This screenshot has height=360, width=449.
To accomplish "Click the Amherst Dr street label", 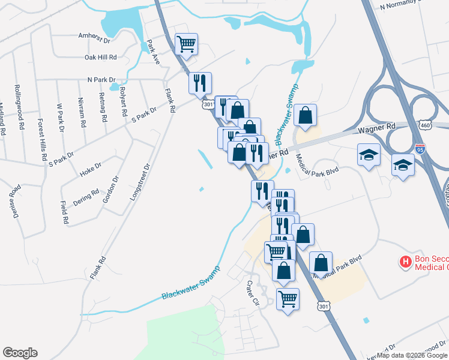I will tap(95, 36).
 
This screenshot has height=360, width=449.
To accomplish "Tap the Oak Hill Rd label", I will tap(100, 58).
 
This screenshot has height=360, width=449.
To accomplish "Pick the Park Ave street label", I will tap(152, 53).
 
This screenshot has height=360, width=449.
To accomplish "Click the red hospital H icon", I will tap(406, 262).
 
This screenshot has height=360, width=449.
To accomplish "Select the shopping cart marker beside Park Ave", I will tap(187, 43).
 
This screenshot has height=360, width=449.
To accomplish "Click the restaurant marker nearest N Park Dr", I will tap(200, 82).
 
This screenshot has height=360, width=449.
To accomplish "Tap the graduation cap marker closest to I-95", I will tap(403, 164).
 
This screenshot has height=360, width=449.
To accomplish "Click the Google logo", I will tap(20, 353).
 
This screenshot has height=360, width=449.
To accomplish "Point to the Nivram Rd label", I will tap(81, 108).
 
